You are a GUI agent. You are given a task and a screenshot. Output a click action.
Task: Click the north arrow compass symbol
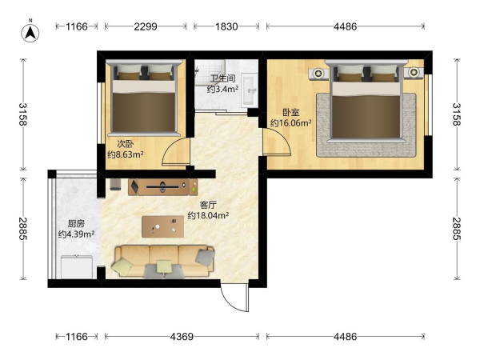click(x=30, y=33)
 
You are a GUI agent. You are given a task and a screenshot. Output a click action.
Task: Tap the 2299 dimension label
click(x=146, y=26)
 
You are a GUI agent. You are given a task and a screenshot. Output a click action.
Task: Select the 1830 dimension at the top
click(x=226, y=26)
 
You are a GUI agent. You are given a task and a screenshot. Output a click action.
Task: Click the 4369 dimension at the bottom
click(x=182, y=337)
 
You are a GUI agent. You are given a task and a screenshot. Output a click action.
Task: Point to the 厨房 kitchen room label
click(x=76, y=224)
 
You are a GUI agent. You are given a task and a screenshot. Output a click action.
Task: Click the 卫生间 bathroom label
click(x=223, y=78)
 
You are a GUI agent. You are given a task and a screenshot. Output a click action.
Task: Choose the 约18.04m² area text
click(x=208, y=215)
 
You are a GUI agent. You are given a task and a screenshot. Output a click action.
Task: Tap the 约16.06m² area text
click(x=291, y=123)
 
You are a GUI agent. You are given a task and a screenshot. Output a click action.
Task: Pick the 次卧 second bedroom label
click(x=126, y=144)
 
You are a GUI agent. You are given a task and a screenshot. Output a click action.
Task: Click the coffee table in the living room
click(x=163, y=227)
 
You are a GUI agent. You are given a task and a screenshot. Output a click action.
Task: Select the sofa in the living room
click(x=164, y=262)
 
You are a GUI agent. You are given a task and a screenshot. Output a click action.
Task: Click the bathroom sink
click(x=249, y=90)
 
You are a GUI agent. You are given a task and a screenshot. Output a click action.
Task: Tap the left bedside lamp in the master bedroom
click(x=318, y=74)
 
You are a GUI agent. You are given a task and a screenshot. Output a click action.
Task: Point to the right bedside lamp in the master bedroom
click(x=414, y=73)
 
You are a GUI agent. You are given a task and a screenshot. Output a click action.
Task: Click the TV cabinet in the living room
click(x=163, y=186)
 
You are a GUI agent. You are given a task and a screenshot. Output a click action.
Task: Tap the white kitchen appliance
click(x=77, y=267)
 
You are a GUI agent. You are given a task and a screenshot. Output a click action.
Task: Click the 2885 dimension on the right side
click(x=457, y=228)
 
